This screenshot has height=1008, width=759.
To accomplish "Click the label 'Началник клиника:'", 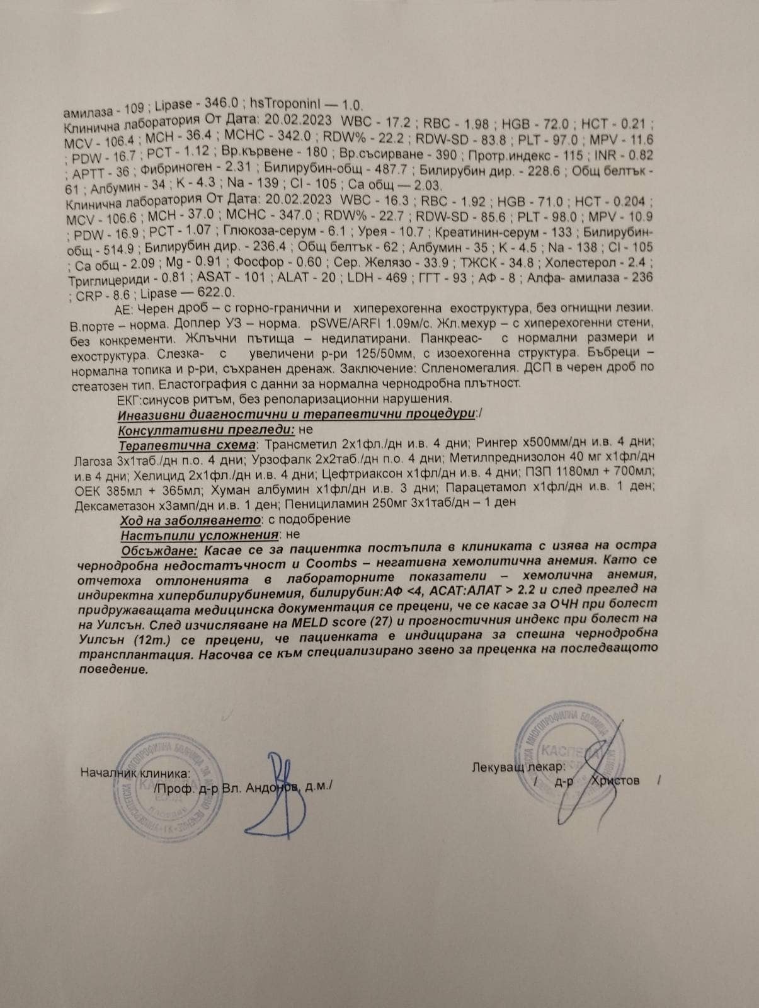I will (135, 773).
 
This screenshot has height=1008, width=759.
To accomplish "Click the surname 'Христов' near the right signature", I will (615, 781).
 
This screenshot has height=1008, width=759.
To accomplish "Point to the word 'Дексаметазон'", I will (113, 503).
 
